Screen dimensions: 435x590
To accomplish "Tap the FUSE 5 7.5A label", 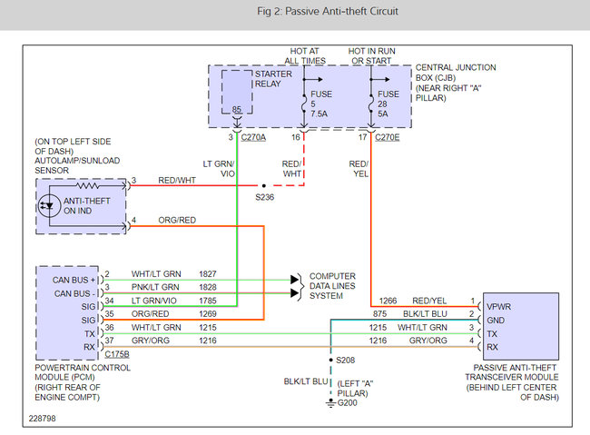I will (317, 104).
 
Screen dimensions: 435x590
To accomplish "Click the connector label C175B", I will (119, 352).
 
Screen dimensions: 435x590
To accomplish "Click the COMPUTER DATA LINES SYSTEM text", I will (333, 284).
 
